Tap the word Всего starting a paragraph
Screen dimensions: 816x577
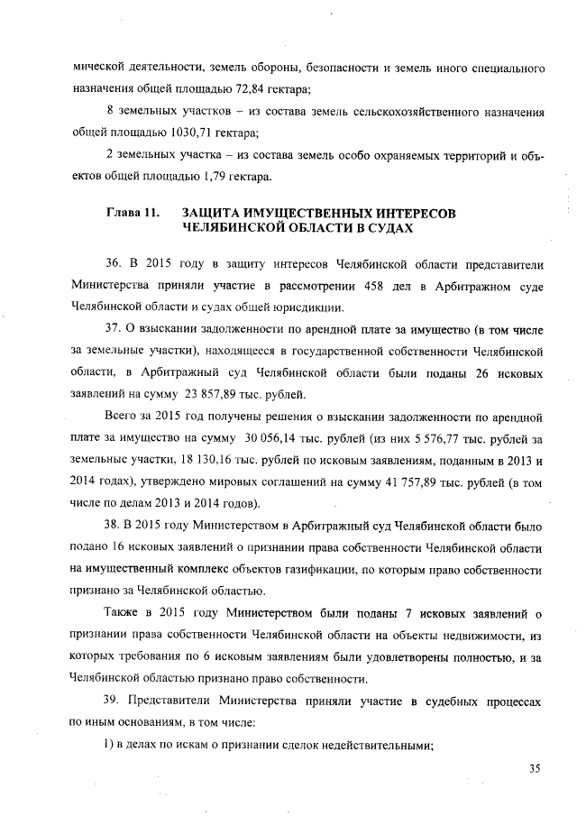(x=124, y=417)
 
